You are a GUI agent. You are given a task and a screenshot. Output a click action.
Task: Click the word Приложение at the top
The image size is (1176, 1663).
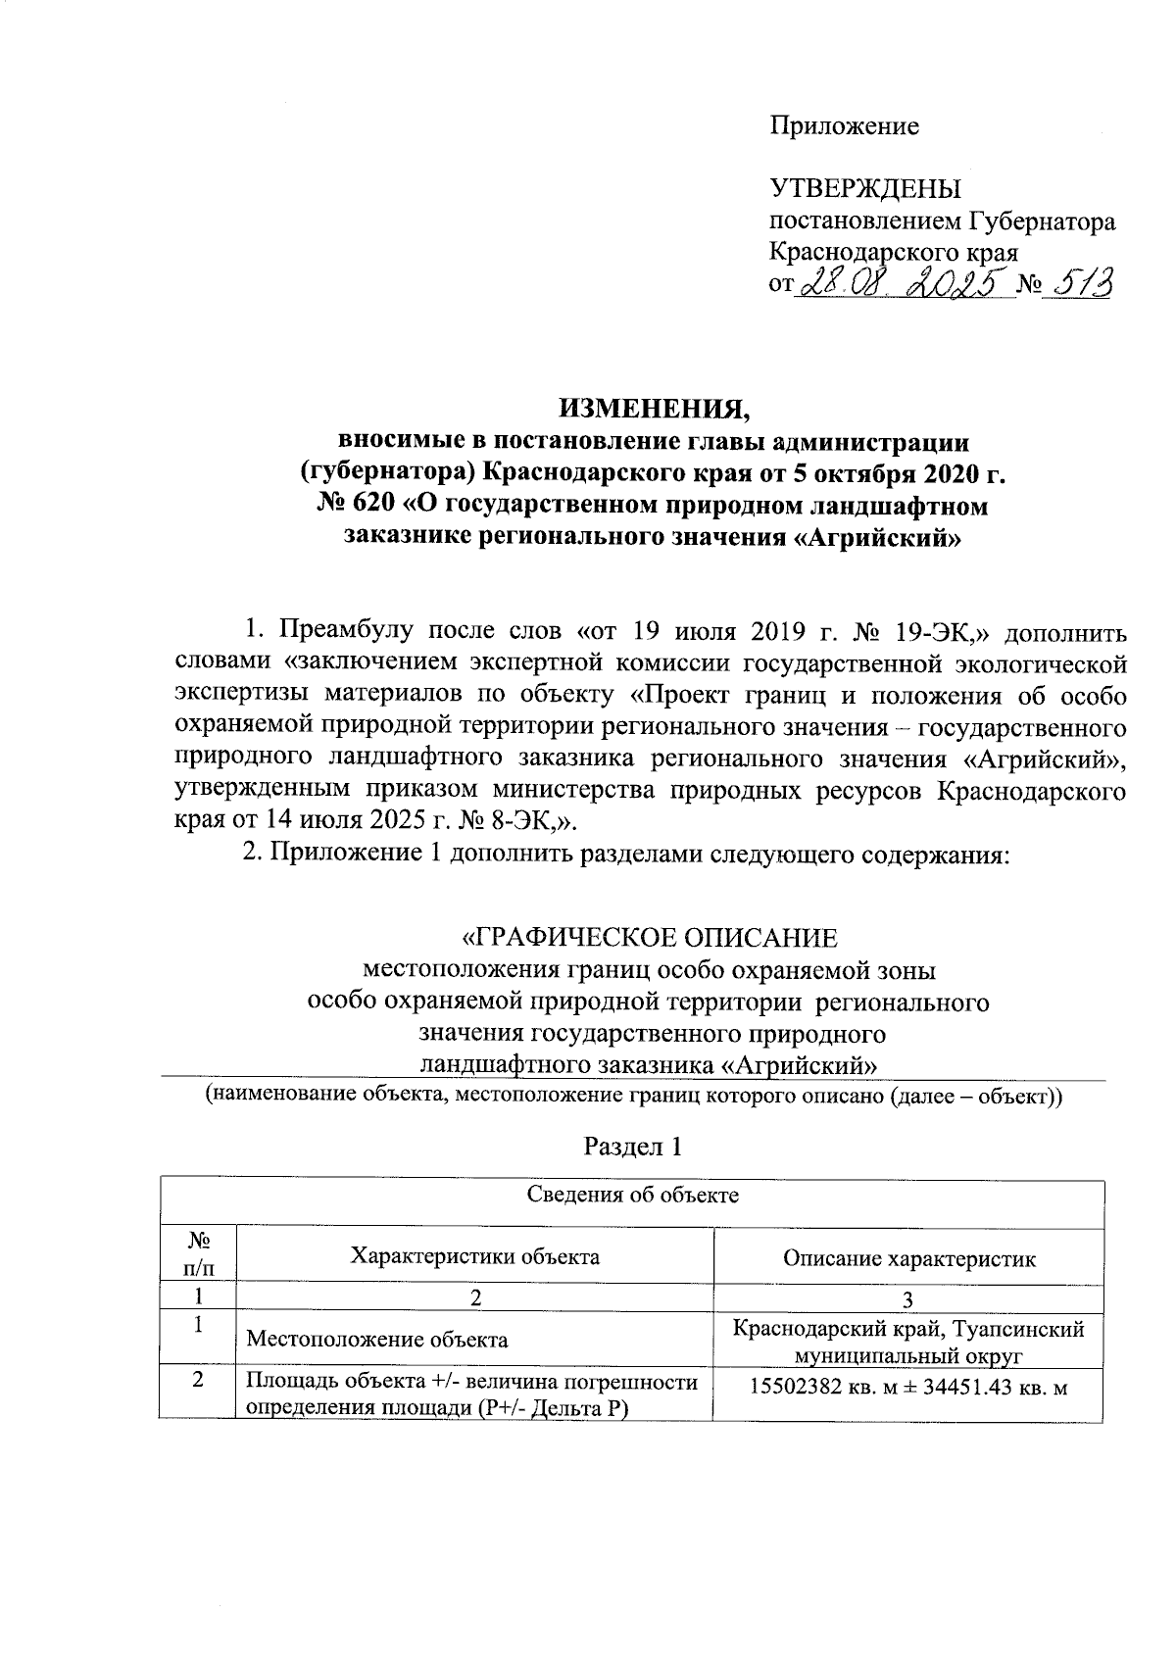[x=844, y=125]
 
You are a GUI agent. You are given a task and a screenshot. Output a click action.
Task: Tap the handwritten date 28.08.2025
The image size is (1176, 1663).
[x=906, y=285]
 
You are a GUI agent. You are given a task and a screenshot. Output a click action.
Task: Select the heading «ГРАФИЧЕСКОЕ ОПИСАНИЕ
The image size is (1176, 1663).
[x=650, y=938]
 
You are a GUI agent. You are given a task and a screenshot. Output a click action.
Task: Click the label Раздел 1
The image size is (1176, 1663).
[x=633, y=1147]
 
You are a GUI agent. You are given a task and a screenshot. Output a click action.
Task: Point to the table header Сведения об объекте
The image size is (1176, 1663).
[x=633, y=1195]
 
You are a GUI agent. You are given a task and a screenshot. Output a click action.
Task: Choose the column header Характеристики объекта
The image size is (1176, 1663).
[x=475, y=1256]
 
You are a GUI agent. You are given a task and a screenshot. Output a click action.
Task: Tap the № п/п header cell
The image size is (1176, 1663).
[x=199, y=1256]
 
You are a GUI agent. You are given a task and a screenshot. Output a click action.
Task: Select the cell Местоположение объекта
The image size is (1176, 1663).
[x=377, y=1339]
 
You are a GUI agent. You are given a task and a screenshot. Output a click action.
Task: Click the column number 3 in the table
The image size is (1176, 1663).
[x=908, y=1299]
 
